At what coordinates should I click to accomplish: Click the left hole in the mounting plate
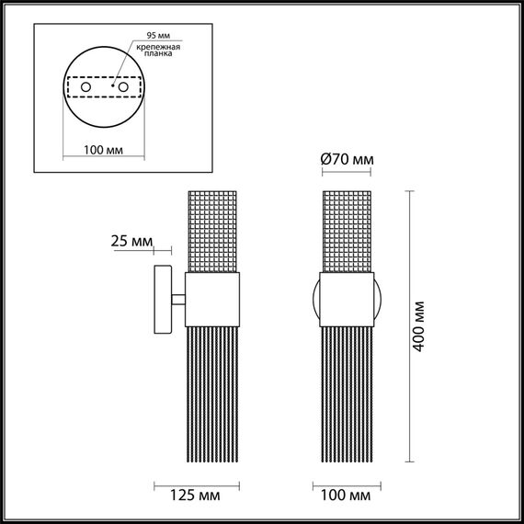point(85,87)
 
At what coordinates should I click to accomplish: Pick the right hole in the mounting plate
point(120,87)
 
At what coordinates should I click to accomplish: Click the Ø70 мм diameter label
point(347,160)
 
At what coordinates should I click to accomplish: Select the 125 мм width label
point(196,497)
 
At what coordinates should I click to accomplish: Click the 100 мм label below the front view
point(347,497)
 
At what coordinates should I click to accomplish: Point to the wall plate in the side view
point(162,301)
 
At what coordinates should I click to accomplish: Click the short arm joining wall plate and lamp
point(179,300)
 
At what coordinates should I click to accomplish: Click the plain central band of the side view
point(213,300)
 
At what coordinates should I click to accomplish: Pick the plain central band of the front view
point(347,300)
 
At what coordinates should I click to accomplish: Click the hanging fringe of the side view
point(213,395)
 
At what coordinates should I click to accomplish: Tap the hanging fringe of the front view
point(347,395)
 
